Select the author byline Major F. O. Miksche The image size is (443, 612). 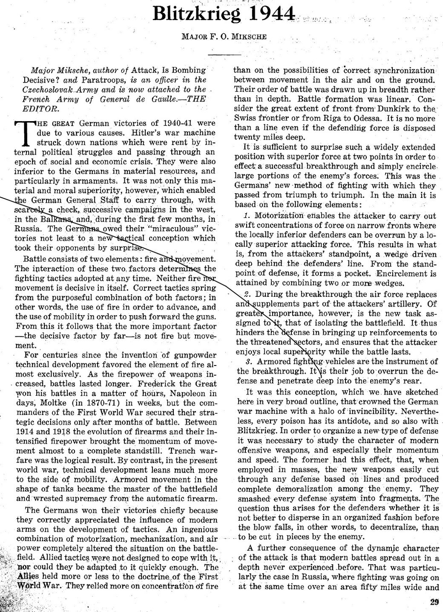tap(224, 37)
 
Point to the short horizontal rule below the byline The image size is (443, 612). tap(224, 54)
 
